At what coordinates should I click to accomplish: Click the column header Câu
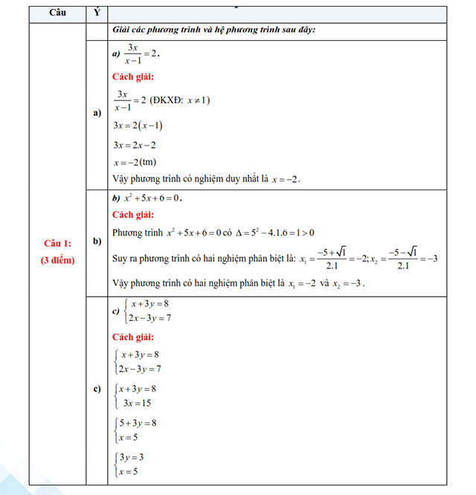57,14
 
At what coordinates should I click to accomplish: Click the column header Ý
97,14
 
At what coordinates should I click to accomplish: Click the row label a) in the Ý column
97,113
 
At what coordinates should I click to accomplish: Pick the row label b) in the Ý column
97,242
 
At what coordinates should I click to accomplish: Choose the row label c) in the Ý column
97,389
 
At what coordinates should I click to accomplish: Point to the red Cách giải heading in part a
133,77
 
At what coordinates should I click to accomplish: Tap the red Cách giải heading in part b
133,216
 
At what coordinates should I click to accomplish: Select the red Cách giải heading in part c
133,337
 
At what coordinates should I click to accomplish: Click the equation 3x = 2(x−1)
138,125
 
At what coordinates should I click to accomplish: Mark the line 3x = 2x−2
134,144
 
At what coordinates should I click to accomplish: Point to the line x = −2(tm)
135,162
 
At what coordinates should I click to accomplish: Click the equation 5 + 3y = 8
138,423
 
